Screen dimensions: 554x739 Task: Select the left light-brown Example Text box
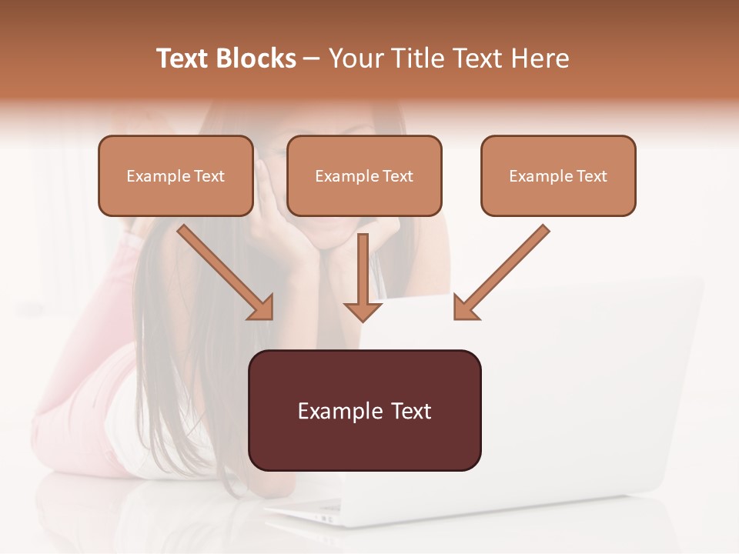pyautogui.click(x=176, y=175)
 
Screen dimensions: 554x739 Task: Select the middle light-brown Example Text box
pyautogui.click(x=364, y=175)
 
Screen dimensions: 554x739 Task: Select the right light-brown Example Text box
pyautogui.click(x=558, y=175)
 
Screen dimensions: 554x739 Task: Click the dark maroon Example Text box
pyautogui.click(x=364, y=410)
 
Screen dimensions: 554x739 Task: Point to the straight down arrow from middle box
pyautogui.click(x=363, y=273)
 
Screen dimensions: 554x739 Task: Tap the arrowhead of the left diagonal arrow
pyautogui.click(x=262, y=307)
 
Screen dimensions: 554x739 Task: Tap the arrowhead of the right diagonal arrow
pyautogui.click(x=465, y=307)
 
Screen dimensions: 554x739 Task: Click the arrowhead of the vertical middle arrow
pyautogui.click(x=363, y=310)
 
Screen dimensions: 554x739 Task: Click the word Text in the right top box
pyautogui.click(x=591, y=176)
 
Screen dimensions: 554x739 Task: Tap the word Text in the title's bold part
pyautogui.click(x=182, y=58)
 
